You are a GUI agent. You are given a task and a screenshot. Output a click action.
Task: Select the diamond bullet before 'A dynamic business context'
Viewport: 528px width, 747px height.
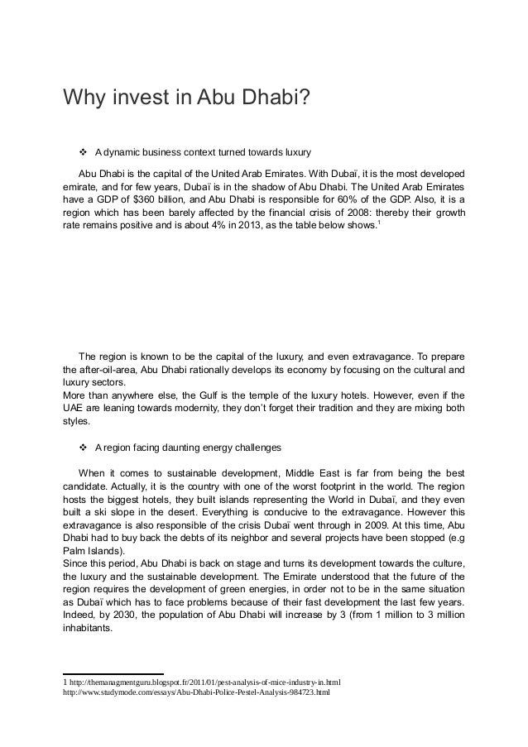coord(83,153)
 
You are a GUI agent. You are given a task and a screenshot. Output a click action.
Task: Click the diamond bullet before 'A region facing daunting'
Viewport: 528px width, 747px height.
coord(83,448)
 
